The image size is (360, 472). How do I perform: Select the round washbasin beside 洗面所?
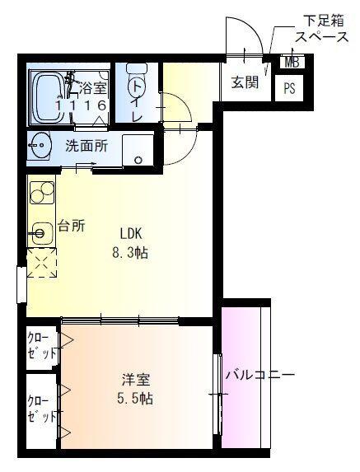pos(39,148)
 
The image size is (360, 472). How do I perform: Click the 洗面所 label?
pos(86,147)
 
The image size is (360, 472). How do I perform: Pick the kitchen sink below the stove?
pos(40,233)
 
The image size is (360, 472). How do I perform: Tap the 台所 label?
pos(72,227)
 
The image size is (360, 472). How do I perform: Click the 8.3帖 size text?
pos(129,253)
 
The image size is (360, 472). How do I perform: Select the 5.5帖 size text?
pos(135,399)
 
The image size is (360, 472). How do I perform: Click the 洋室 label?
pos(136,380)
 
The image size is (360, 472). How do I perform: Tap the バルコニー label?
pos(260,376)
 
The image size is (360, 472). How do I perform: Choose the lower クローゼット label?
pos(37,409)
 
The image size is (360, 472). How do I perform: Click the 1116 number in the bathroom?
pos(81,106)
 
